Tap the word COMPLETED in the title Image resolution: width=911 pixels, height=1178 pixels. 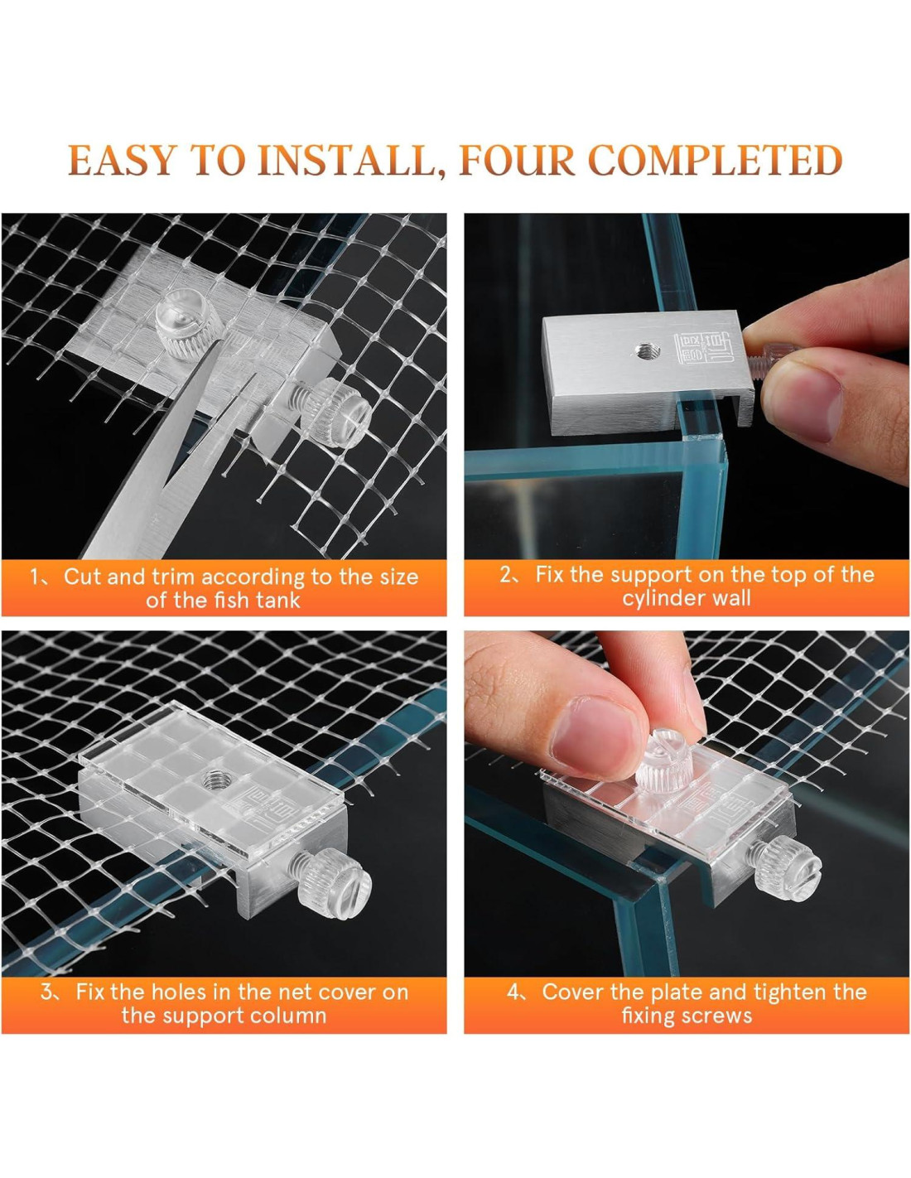pos(715,161)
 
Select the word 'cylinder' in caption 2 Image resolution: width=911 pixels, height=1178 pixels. pos(658,598)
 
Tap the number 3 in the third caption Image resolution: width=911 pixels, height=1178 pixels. pos(48,992)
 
